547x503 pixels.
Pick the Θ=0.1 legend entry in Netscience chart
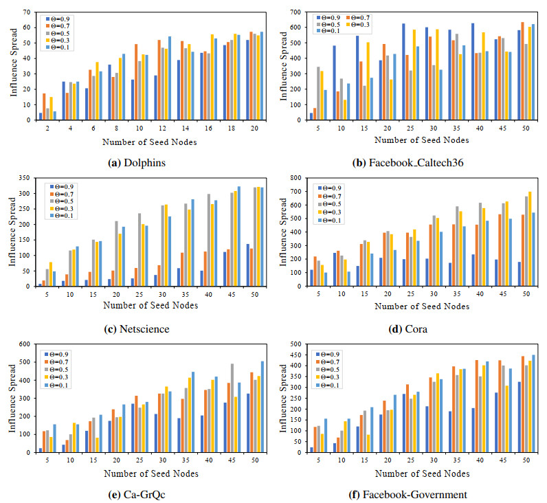click(60, 216)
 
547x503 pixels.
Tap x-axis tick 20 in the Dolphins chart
click(255, 128)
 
